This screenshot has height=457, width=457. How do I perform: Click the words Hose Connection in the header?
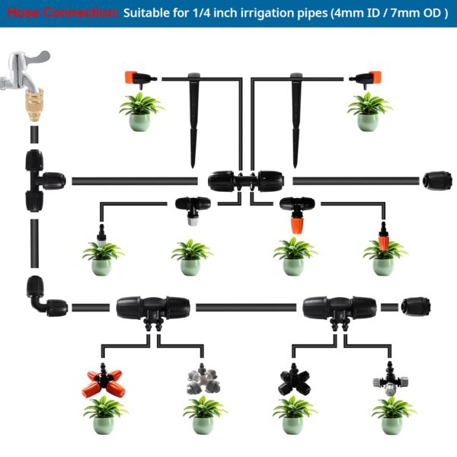pos(61,14)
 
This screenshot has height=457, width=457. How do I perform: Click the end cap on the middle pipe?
pos(437,181)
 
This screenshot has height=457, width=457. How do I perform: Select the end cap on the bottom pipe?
pos(416,306)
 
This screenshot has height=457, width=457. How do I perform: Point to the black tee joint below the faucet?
pos(39,180)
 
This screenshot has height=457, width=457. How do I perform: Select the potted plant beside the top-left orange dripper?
pos(140,111)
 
